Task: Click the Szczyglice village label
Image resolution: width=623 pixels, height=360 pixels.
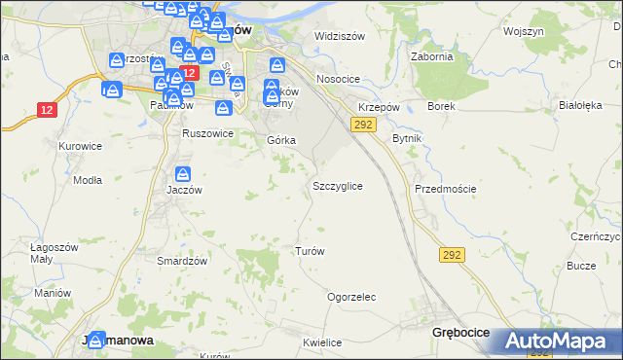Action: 338,185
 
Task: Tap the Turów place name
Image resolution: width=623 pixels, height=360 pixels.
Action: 310,251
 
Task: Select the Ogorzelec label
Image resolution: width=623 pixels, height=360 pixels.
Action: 351,297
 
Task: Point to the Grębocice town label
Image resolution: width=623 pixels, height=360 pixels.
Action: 459,333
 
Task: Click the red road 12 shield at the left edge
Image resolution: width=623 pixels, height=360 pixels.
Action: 46,110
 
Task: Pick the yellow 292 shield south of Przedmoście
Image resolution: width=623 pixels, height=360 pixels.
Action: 452,255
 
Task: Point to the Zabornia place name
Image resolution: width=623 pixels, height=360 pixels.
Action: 433,56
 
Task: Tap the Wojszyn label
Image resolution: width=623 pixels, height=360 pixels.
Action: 523,31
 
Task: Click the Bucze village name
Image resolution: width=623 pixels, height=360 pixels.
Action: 581,265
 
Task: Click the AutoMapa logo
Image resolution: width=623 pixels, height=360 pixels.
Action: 556,342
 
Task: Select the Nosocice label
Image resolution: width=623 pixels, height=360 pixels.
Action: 338,80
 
